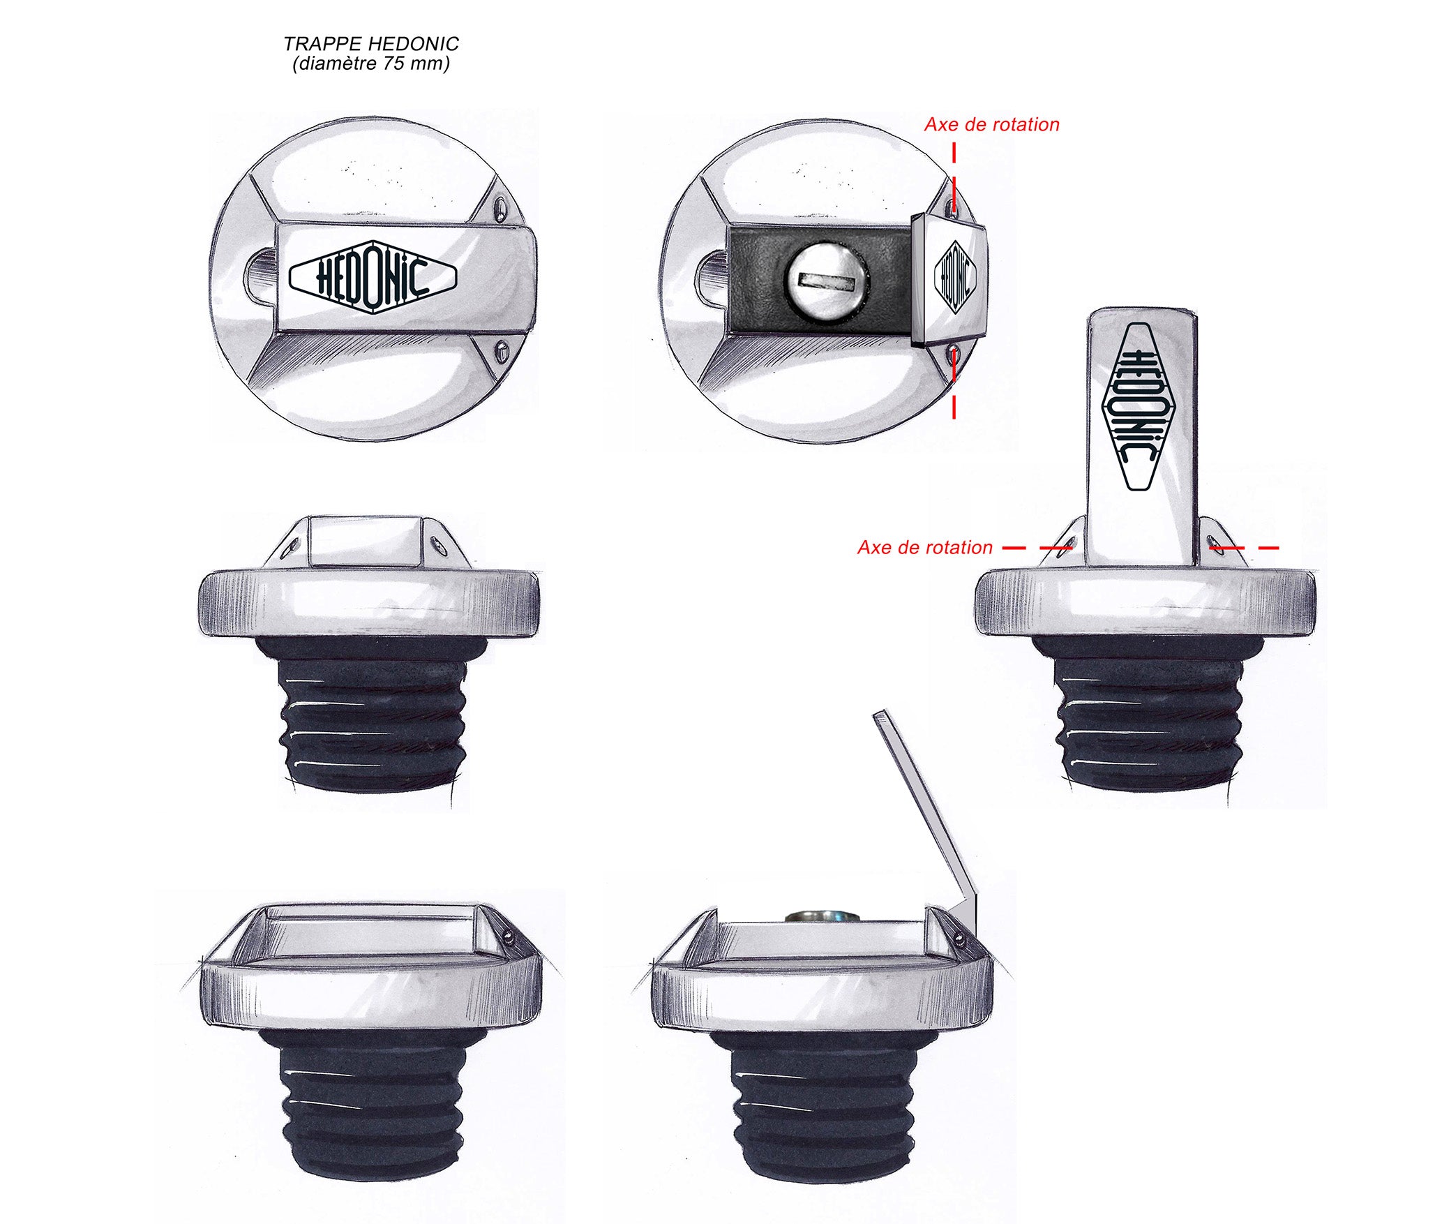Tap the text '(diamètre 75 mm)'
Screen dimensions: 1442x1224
(x=371, y=64)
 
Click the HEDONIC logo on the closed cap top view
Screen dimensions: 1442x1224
(x=373, y=277)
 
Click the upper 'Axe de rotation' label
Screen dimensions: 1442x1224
(x=991, y=125)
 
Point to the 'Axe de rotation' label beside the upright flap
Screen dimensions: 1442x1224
(x=924, y=548)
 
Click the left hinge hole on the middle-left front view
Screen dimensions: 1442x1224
(x=293, y=546)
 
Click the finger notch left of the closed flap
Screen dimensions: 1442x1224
(x=261, y=277)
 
